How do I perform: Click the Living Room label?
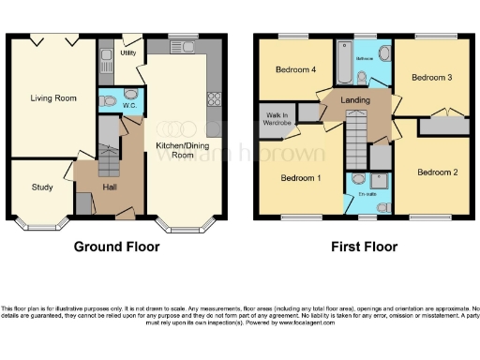tap(53, 97)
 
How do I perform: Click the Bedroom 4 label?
tap(293, 70)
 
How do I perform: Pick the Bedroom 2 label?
tap(437, 172)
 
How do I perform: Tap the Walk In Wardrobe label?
tap(274, 118)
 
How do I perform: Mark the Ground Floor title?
tap(117, 247)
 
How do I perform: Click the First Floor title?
tap(365, 247)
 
